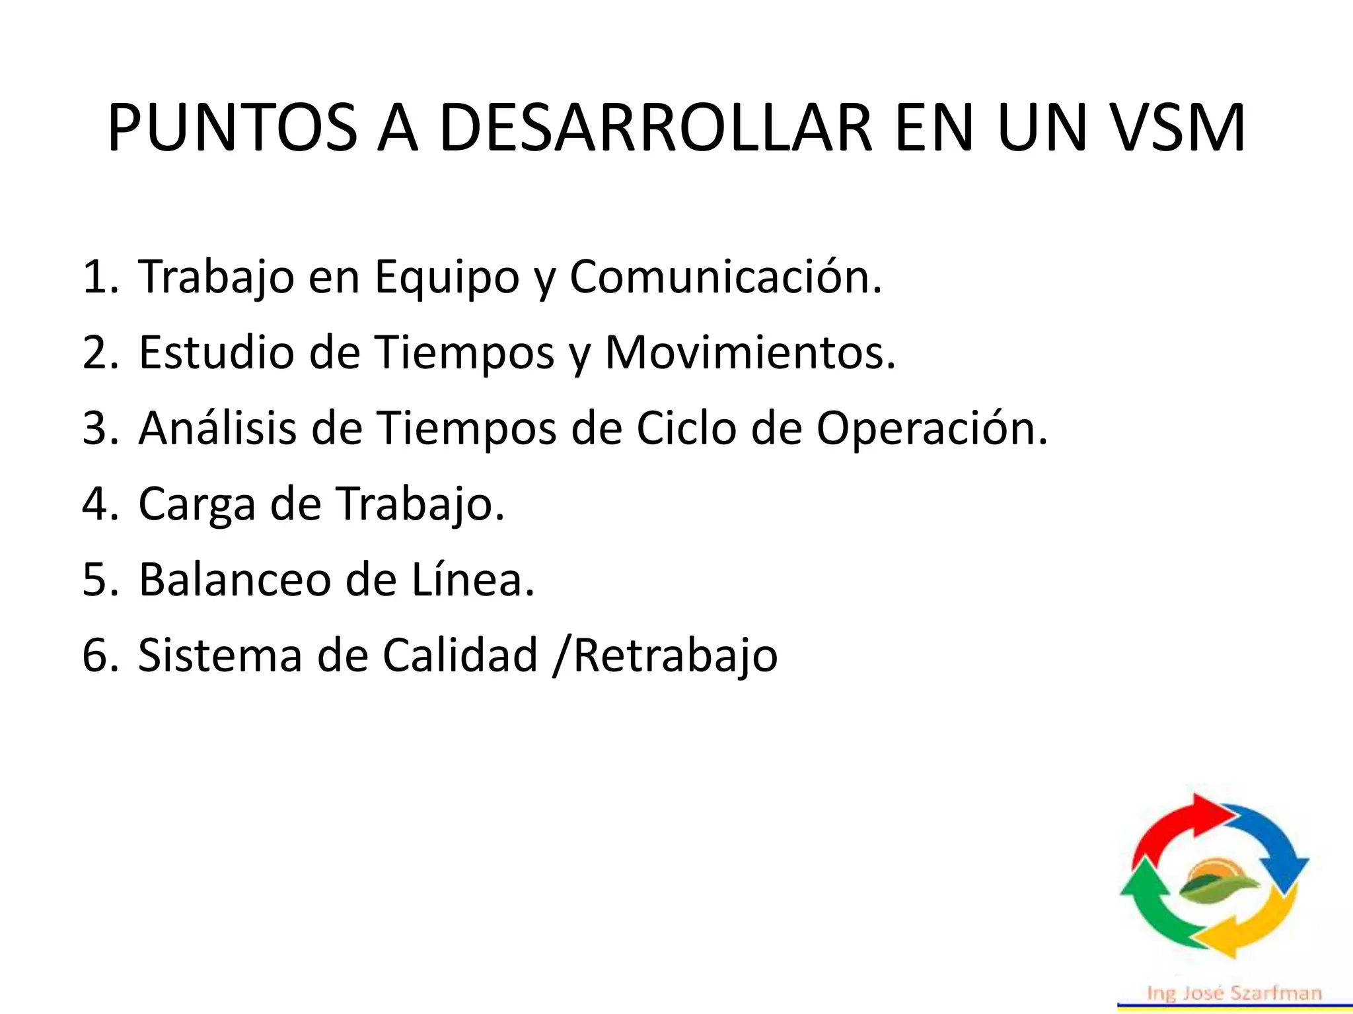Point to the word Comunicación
725,277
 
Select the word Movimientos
750,353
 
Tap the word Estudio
216,353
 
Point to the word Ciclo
686,428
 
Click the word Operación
932,430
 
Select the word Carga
196,505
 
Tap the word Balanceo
234,580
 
